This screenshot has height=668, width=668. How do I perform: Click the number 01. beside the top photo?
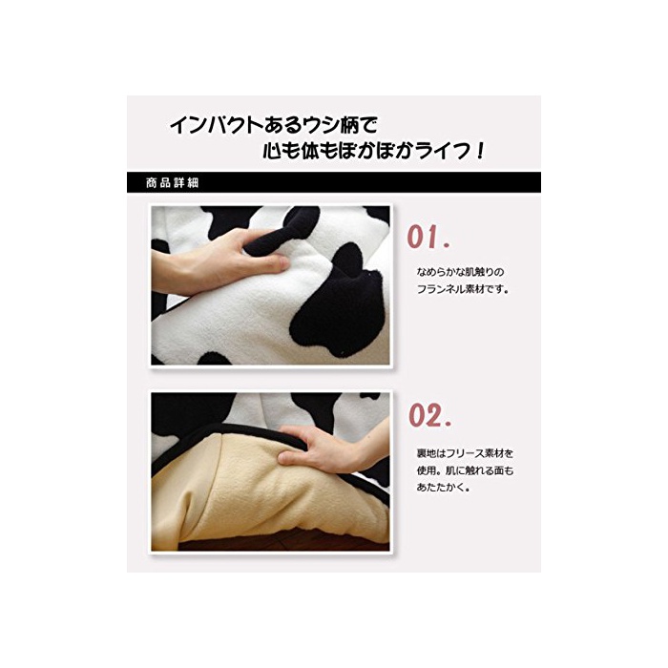coord(428,237)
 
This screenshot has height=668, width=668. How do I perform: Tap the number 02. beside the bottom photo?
coord(429,415)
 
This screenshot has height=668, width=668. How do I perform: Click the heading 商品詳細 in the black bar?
coord(172,183)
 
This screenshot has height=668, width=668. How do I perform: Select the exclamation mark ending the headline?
coord(481,151)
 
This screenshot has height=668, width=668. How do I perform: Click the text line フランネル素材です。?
coord(463,289)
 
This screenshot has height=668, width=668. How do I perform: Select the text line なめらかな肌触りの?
coord(460,272)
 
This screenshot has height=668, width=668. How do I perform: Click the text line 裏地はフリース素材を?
coord(465,453)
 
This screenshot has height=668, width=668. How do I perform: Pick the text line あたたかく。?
coord(443,488)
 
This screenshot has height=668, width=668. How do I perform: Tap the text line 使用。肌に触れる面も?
coord(465,470)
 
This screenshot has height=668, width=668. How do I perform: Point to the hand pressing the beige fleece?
coord(328,449)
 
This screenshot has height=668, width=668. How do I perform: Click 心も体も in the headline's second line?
coord(300,151)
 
